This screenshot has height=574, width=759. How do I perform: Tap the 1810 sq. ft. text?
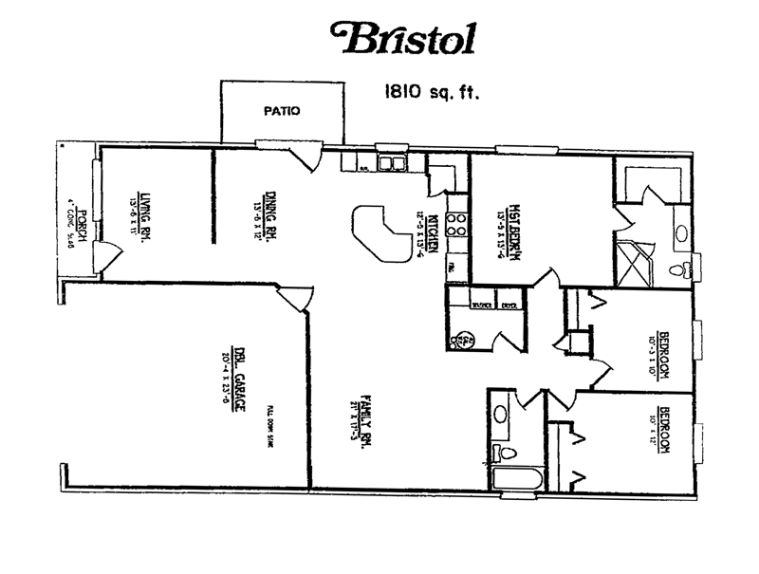(429, 93)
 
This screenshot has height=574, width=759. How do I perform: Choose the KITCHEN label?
(433, 232)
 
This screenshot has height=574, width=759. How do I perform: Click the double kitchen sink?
(390, 164)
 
